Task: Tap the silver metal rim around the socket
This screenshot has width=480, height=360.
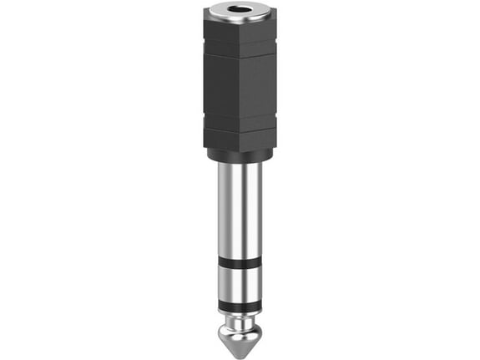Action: point(224,13)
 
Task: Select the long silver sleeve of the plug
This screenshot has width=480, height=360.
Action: point(240,209)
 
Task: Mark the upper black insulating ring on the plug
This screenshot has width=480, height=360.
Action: point(240,263)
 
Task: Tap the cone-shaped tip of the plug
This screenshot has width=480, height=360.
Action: point(240,334)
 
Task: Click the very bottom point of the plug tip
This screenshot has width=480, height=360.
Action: point(240,352)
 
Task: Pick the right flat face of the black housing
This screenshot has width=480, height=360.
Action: point(259,88)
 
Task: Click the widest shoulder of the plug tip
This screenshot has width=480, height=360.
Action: point(240,322)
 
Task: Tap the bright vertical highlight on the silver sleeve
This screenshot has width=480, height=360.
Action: point(230,209)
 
